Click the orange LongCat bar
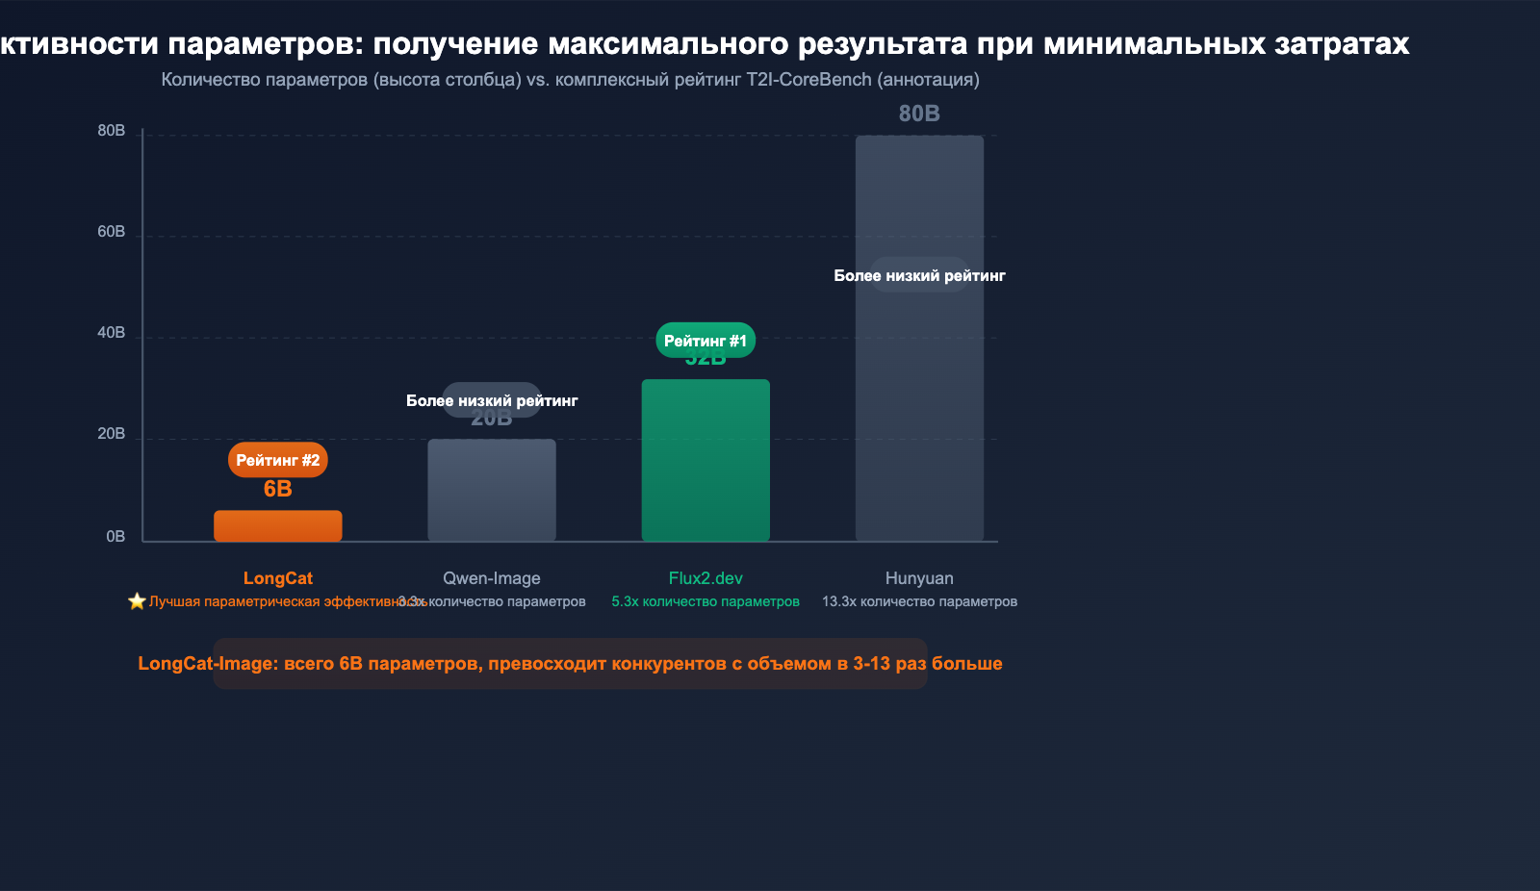(x=277, y=525)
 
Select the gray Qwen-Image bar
(x=491, y=490)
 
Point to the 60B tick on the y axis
(x=112, y=232)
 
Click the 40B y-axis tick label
(x=112, y=333)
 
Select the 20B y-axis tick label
(x=112, y=434)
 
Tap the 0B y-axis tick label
(x=115, y=537)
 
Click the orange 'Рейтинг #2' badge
(x=277, y=460)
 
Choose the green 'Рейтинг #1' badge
(x=706, y=341)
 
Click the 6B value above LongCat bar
(x=277, y=489)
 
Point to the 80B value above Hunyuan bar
(x=919, y=114)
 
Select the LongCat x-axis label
(x=277, y=578)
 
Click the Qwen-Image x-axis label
(x=491, y=578)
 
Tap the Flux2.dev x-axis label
(x=706, y=578)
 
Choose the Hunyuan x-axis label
(x=919, y=578)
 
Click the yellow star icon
(x=137, y=601)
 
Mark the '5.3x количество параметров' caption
(x=706, y=601)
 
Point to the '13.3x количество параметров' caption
(x=919, y=601)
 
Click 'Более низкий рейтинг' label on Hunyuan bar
(x=919, y=276)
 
